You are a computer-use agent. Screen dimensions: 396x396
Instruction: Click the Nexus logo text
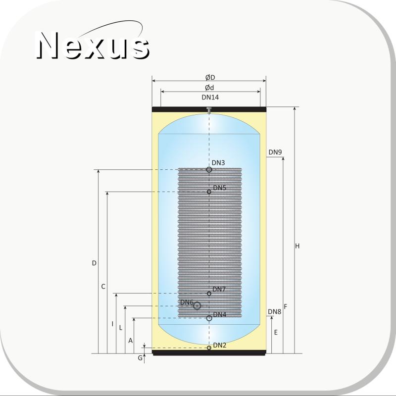point(93,46)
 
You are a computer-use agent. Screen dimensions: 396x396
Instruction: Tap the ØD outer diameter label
point(210,77)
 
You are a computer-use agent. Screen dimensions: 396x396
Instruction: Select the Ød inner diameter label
point(209,88)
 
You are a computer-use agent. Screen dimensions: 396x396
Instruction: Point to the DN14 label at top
point(210,97)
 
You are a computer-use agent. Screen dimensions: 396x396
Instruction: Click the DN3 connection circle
point(209,169)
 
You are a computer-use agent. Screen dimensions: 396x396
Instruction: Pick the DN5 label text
point(219,188)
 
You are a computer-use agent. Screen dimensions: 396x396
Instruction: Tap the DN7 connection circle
point(209,294)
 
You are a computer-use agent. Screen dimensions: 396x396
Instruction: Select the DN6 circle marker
point(197,306)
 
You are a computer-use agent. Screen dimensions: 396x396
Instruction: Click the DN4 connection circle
point(209,318)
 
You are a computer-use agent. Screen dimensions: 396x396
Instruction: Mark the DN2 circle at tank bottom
point(209,348)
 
